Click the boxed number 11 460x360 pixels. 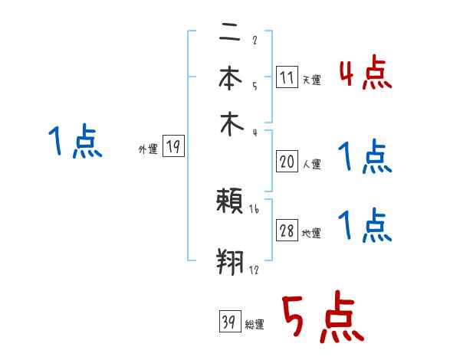(287, 77)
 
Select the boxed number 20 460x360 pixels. (287, 161)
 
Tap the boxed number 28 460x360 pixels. (287, 231)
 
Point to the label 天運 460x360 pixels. (311, 80)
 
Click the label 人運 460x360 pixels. (312, 164)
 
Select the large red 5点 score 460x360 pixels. (323, 319)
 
